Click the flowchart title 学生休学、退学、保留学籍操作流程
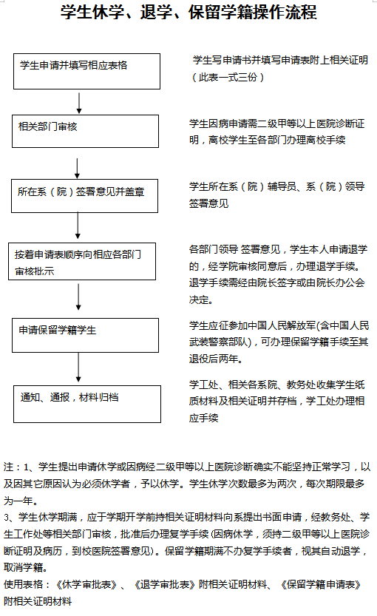[x=188, y=12]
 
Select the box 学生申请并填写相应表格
[x=86, y=72]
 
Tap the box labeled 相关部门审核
[x=85, y=131]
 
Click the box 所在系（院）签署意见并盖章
[x=84, y=196]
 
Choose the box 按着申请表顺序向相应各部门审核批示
[x=82, y=261]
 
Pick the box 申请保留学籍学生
[x=85, y=335]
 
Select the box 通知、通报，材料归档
[x=87, y=404]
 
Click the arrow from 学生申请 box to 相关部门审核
[x=79, y=103]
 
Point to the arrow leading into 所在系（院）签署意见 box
[x=78, y=169]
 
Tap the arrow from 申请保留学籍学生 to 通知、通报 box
[x=78, y=368]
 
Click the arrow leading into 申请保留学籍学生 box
[x=78, y=297]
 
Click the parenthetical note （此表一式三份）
[x=228, y=77]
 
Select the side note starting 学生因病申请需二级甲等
[x=276, y=132]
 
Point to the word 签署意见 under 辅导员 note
[x=208, y=203]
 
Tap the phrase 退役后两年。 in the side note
[x=216, y=359]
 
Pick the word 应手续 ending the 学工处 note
[x=203, y=418]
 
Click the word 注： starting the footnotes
[x=13, y=467]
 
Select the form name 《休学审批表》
[x=86, y=584]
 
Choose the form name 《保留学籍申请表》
[x=321, y=584]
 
